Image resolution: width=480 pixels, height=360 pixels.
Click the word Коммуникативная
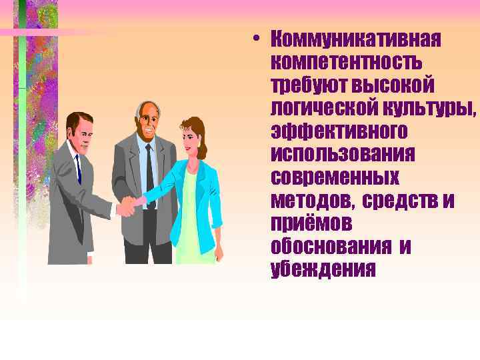coord(356,39)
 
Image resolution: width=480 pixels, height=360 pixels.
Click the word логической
coord(318,108)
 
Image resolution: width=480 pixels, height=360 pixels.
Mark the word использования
coord(343,154)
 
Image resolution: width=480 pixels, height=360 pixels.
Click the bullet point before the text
coord(257,38)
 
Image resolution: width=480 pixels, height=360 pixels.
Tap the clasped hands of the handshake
coord(128,206)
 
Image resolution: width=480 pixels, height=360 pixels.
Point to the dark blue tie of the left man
coord(78,171)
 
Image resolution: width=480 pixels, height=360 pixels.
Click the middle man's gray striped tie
coord(149,167)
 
